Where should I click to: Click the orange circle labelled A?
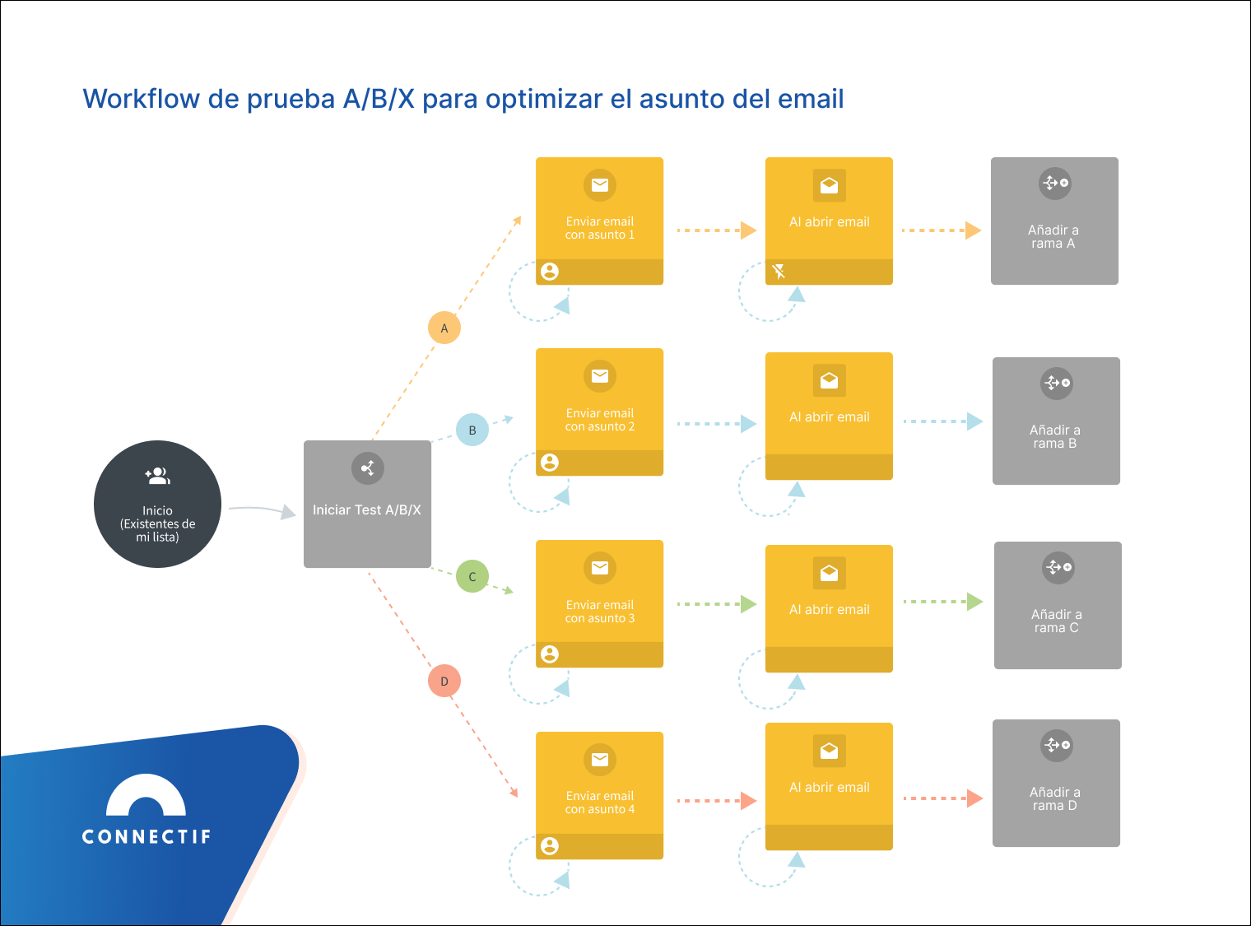tap(444, 328)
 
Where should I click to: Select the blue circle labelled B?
tap(472, 430)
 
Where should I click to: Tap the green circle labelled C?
tap(472, 576)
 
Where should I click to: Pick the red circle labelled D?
tap(444, 681)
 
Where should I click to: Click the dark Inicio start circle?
tap(157, 504)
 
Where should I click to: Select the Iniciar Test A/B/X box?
tap(367, 504)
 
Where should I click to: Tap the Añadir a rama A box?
tap(1054, 221)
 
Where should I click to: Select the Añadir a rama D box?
tap(1056, 783)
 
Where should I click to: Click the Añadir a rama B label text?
tap(1055, 436)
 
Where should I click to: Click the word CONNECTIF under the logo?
tap(146, 837)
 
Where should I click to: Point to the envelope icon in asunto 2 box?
tap(600, 376)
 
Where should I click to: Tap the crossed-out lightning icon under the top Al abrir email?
tap(779, 271)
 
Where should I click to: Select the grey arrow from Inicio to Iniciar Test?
tap(262, 510)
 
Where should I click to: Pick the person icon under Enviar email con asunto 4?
tap(550, 845)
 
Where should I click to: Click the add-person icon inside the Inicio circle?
tap(157, 476)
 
